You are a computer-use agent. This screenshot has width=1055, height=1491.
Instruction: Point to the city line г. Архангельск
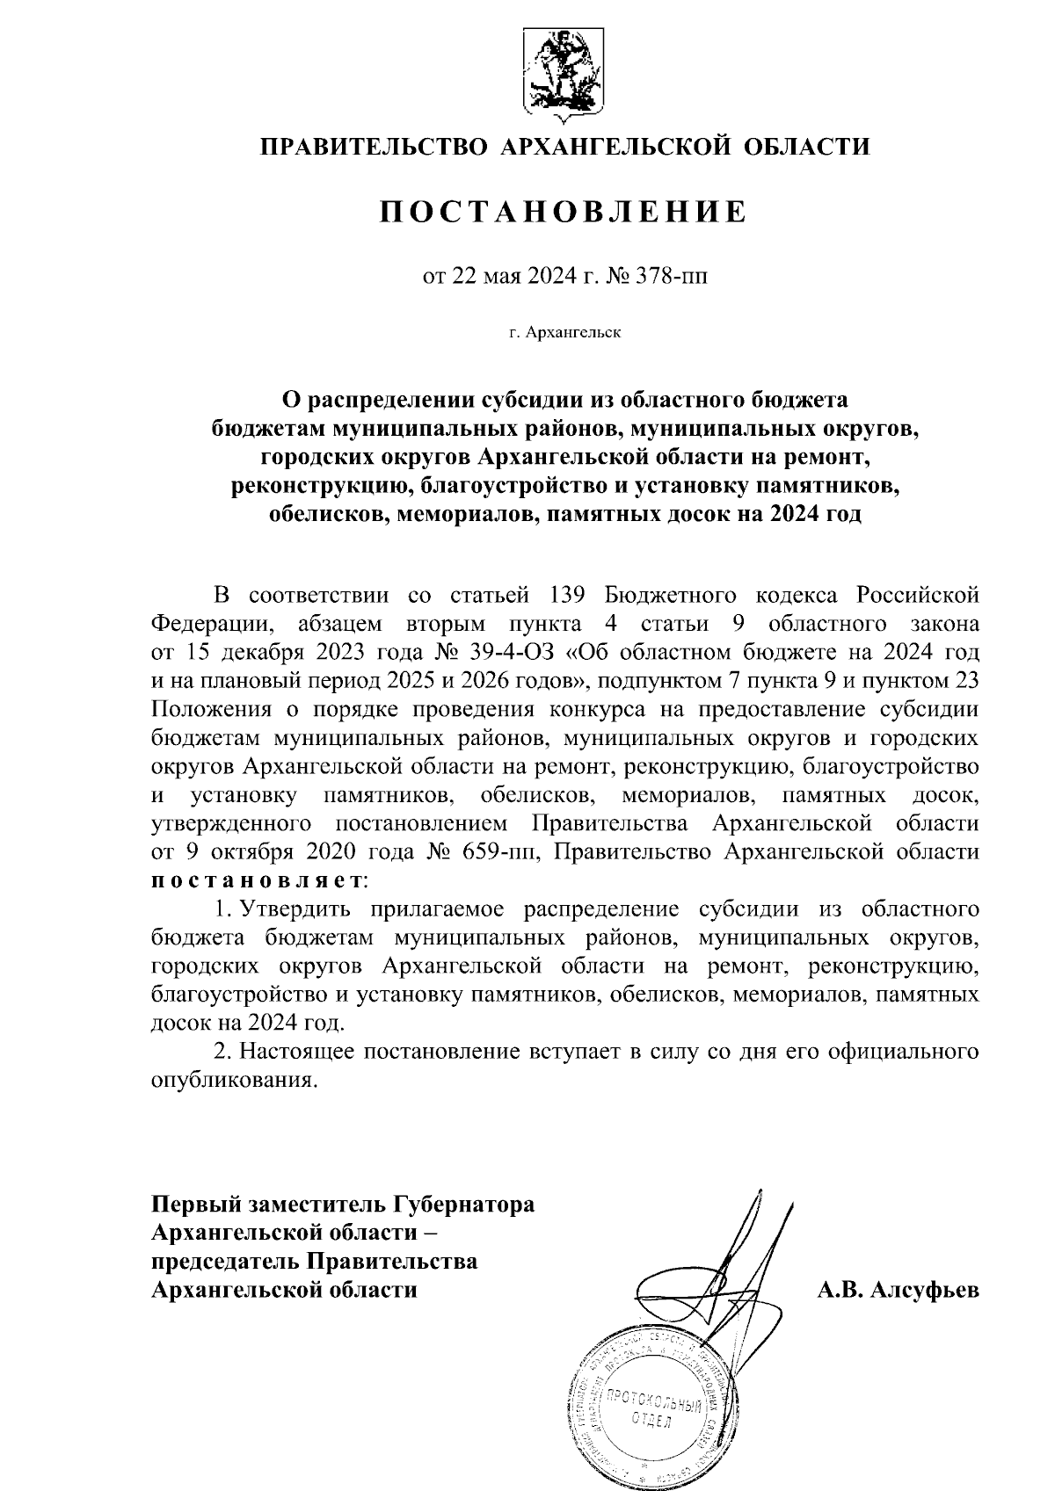pyautogui.click(x=564, y=333)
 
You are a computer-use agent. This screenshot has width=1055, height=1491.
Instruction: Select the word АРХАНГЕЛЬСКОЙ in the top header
pyautogui.click(x=615, y=146)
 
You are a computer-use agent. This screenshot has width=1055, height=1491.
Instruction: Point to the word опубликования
pyautogui.click(x=232, y=1080)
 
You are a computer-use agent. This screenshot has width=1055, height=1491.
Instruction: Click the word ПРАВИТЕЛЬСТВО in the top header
pyautogui.click(x=373, y=146)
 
